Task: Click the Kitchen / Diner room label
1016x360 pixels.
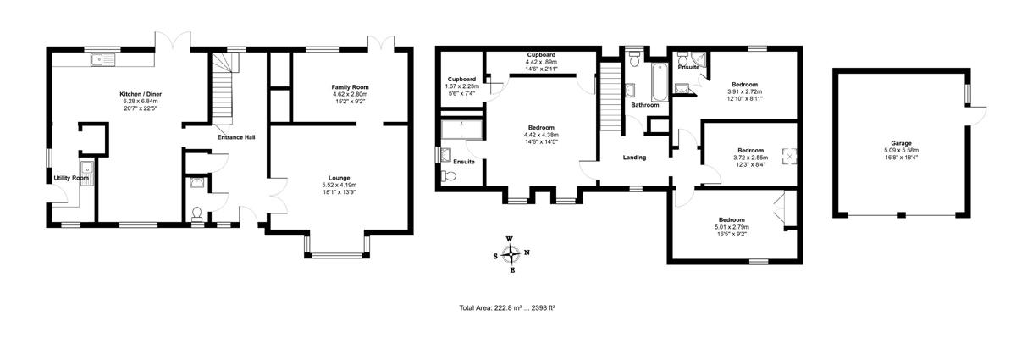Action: click(141, 94)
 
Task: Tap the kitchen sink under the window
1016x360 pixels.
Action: click(103, 60)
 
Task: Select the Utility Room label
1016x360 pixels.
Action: click(71, 178)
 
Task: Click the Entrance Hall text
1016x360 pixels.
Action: click(236, 137)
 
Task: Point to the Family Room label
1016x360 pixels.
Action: click(350, 86)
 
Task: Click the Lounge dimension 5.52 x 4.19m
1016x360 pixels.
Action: click(340, 186)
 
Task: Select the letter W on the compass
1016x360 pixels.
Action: click(510, 239)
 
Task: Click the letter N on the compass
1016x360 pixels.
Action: click(527, 252)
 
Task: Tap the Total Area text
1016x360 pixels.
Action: click(507, 307)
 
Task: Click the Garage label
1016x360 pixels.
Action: click(901, 143)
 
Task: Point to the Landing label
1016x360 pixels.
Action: click(634, 158)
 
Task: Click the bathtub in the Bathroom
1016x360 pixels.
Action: click(659, 82)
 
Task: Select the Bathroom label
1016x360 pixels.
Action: click(645, 105)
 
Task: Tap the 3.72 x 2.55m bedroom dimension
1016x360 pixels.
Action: click(750, 158)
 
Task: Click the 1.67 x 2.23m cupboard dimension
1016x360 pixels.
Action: click(461, 86)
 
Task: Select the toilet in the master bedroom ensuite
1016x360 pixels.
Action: click(449, 176)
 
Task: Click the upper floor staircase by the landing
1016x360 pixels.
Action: click(610, 97)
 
